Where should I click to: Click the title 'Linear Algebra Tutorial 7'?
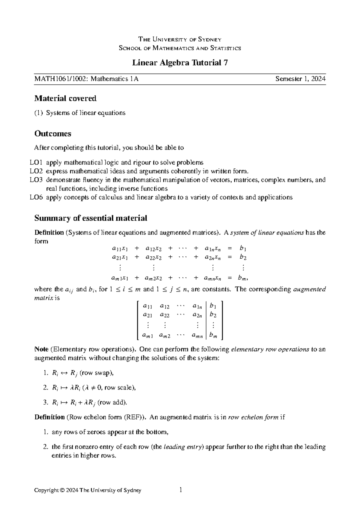pyautogui.click(x=180, y=63)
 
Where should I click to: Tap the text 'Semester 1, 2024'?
pyautogui.click(x=301, y=79)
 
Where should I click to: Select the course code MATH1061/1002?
pyautogui.click(x=61, y=79)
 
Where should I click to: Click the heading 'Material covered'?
pyautogui.click(x=65, y=98)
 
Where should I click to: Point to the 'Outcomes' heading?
pyautogui.click(x=53, y=134)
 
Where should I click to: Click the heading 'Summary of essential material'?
pyautogui.click(x=91, y=218)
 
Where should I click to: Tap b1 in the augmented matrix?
pyautogui.click(x=213, y=306)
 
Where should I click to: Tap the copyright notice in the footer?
pyautogui.click(x=88, y=490)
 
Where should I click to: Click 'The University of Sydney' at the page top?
pyautogui.click(x=180, y=39)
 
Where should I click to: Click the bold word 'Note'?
pyautogui.click(x=41, y=349)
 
